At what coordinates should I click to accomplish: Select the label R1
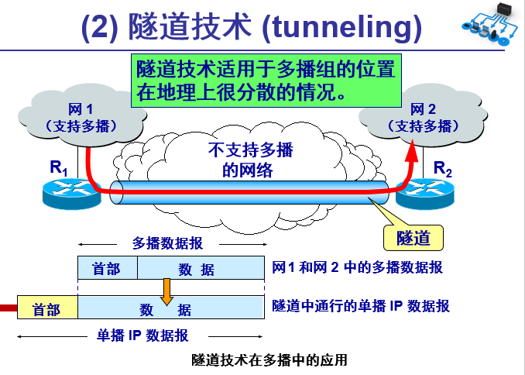[x=60, y=167]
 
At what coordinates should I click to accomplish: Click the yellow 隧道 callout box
[x=413, y=238]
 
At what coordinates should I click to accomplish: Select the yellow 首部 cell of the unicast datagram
[x=46, y=309]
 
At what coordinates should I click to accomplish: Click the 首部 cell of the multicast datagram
[x=107, y=269]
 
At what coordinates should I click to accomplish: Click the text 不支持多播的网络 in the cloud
[x=246, y=160]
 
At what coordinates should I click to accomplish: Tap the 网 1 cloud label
[x=81, y=117]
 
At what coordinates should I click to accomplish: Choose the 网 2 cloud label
[x=423, y=117]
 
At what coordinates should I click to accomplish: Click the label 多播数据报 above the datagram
[x=168, y=243]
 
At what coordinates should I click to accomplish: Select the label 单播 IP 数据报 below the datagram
[x=142, y=335]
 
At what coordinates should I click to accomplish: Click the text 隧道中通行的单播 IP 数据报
[x=361, y=307]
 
